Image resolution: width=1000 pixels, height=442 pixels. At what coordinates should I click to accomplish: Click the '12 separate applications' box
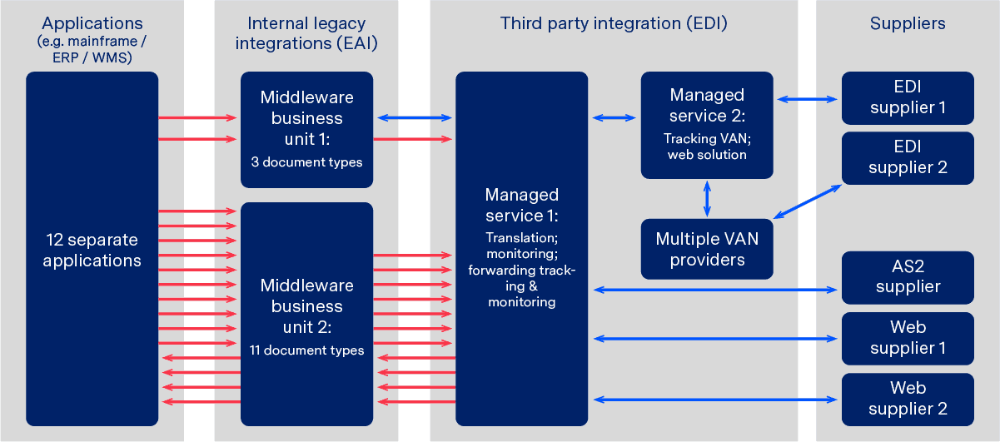pos(92,249)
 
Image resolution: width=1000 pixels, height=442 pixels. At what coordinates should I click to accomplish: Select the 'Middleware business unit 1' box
pos(306,129)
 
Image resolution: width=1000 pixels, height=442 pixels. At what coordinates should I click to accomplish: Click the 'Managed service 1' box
pos(521,249)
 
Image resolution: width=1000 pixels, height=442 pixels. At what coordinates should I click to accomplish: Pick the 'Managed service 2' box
pos(707,125)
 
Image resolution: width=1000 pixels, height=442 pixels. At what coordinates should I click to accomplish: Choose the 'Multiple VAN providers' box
pos(707,249)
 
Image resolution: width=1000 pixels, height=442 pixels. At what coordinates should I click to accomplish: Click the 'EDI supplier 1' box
pos(908,97)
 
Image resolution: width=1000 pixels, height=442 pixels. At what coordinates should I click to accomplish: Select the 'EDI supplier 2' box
pos(908,157)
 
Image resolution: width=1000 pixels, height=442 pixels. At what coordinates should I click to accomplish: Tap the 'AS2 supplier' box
pos(908,277)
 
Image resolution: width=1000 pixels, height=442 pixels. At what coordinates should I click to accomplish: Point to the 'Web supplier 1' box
pos(908,338)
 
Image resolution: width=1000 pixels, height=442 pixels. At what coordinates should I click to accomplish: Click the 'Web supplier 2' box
pos(908,399)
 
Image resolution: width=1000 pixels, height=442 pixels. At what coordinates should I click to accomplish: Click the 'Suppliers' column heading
pos(908,24)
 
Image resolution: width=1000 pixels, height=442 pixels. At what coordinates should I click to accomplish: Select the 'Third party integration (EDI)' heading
pos(614,24)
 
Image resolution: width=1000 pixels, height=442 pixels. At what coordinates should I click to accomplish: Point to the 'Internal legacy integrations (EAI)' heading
pos(306,34)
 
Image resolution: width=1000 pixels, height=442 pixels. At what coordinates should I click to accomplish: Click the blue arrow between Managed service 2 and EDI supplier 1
pos(807,99)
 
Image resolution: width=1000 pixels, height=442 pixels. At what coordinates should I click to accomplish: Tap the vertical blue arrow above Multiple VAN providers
pos(707,198)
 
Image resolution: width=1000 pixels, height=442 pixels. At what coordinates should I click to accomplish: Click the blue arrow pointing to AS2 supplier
pos(715,289)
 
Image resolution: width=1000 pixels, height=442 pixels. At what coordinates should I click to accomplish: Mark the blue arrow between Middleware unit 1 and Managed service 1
pos(413,118)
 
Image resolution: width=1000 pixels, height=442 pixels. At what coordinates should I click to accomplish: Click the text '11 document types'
pos(306,350)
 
